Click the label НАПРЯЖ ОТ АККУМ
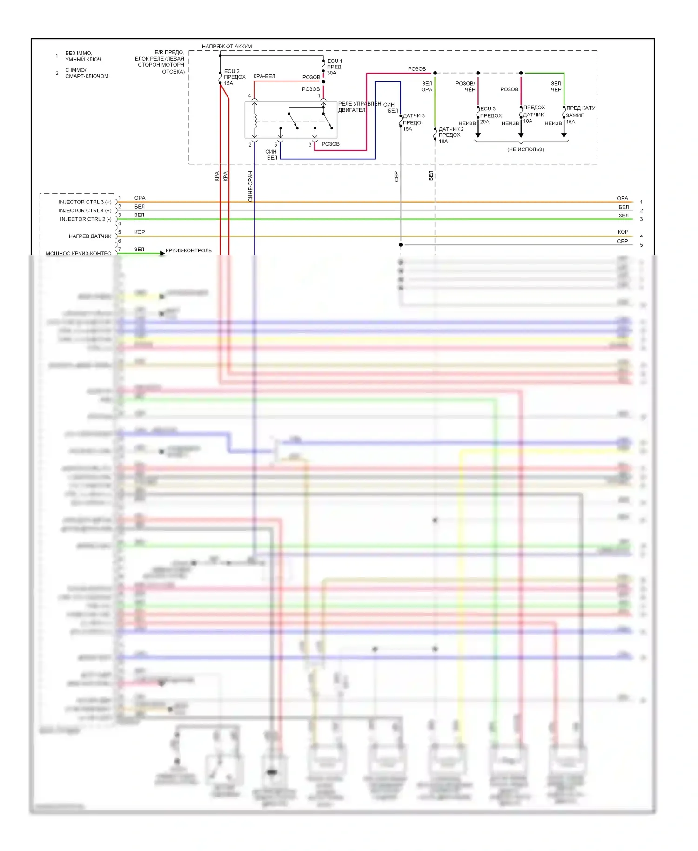(227, 46)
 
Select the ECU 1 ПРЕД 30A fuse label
(334, 67)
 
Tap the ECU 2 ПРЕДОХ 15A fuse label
(235, 77)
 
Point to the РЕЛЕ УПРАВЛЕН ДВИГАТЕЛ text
(359, 107)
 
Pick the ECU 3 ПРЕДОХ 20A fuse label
(490, 115)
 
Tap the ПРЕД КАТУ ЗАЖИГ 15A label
(580, 115)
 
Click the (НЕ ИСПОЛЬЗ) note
(525, 149)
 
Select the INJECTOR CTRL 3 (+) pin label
(85, 202)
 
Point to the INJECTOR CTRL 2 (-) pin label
(86, 219)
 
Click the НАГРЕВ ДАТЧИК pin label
(90, 236)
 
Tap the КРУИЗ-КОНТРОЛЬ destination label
(188, 250)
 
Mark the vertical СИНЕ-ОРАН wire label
(250, 186)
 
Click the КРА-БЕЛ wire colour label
(264, 76)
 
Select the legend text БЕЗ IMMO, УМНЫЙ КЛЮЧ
(83, 56)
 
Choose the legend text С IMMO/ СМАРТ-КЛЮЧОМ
(87, 73)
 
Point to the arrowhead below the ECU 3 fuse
(478, 135)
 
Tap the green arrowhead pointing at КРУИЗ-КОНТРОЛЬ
(162, 253)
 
